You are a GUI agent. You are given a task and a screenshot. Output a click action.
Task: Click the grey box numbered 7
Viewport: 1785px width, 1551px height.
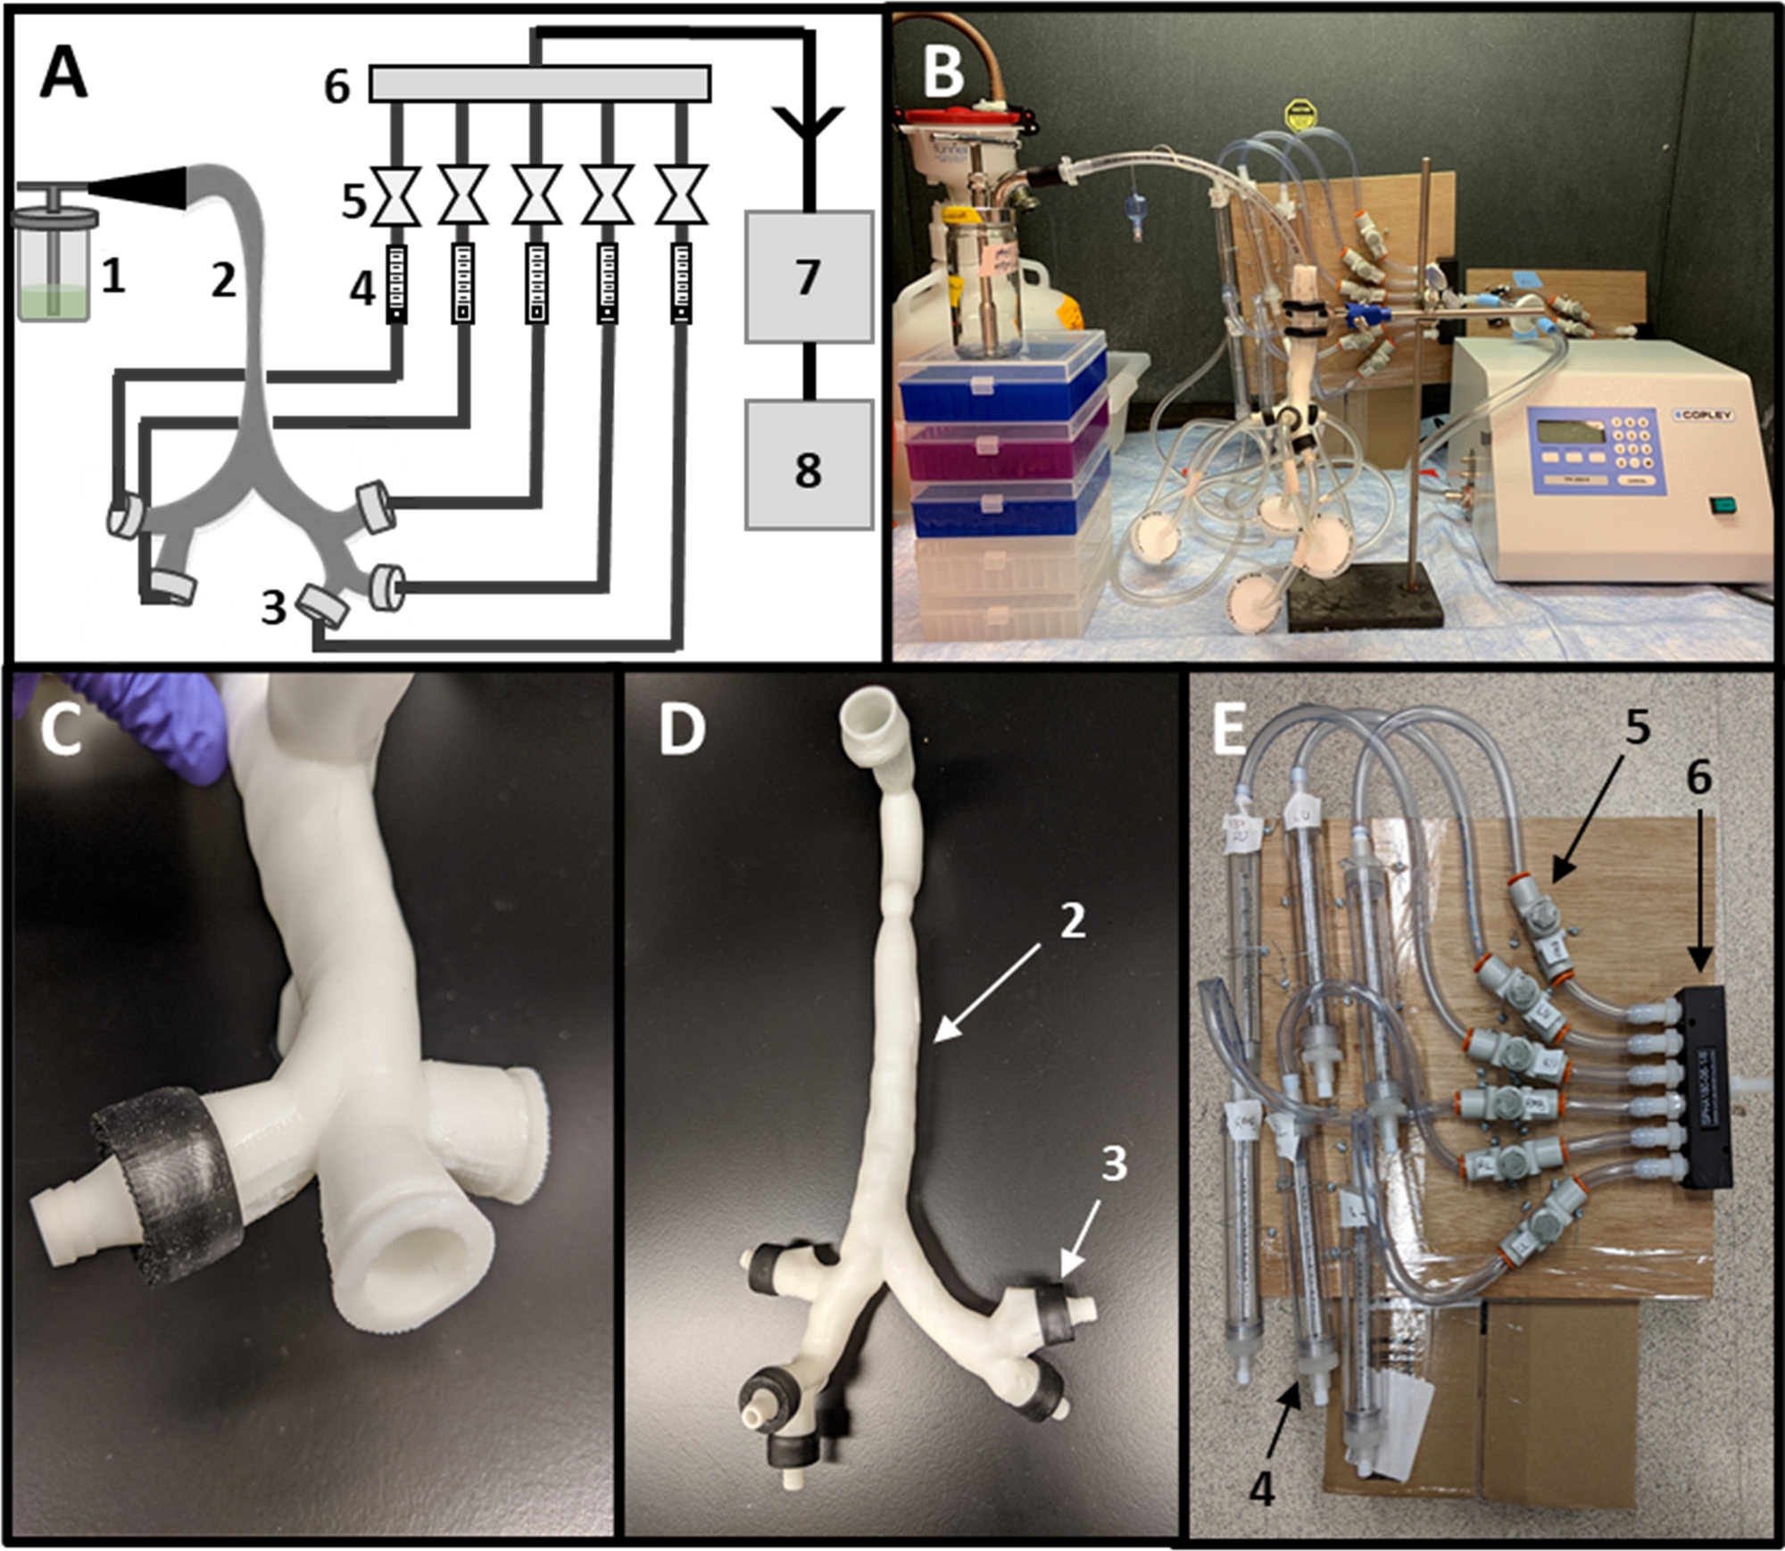pyautogui.click(x=808, y=277)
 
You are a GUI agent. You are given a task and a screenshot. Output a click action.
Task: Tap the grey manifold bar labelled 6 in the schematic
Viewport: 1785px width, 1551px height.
pyautogui.click(x=540, y=84)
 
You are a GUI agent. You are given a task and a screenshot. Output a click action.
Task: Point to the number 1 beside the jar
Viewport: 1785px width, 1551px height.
pyautogui.click(x=112, y=277)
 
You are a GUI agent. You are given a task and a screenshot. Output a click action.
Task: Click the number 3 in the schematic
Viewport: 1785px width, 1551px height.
pyautogui.click(x=273, y=609)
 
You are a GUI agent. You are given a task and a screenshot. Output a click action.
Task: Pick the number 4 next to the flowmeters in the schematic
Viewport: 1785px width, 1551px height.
pyautogui.click(x=361, y=288)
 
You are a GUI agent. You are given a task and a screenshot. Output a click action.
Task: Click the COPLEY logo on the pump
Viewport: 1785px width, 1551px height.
pyautogui.click(x=1701, y=416)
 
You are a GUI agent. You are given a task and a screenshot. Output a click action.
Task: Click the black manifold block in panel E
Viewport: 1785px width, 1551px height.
pyautogui.click(x=1706, y=1088)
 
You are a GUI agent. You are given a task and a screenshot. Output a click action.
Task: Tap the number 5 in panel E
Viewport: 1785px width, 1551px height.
pyautogui.click(x=1637, y=727)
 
